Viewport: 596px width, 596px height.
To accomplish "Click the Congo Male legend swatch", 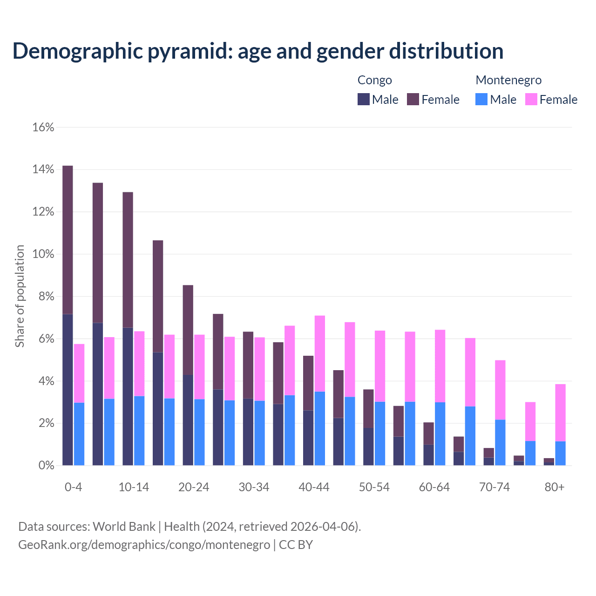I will (x=363, y=99).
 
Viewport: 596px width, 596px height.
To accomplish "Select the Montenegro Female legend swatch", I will (x=531, y=99).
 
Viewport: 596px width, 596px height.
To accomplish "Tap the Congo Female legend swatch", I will (x=413, y=99).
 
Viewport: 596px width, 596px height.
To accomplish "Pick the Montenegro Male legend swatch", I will (x=481, y=99).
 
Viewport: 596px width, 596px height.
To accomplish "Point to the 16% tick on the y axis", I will (x=43, y=127).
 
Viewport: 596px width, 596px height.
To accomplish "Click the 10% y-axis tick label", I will (x=43, y=254).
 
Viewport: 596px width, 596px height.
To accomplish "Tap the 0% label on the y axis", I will (x=46, y=466).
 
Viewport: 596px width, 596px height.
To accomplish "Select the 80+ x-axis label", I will (x=555, y=487).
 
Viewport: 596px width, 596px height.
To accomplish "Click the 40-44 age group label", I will (x=314, y=487).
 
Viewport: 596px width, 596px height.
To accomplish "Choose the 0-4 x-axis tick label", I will (x=73, y=487).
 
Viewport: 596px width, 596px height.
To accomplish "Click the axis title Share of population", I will (x=20, y=296).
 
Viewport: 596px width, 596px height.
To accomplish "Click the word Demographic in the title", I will (x=78, y=51).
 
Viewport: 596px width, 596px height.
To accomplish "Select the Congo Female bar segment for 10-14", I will (x=128, y=260).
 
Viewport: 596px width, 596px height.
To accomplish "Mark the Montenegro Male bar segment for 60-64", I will (x=440, y=433).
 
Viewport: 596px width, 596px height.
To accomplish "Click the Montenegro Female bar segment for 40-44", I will (x=320, y=353).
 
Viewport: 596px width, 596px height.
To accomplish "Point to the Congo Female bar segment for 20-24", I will (x=188, y=330).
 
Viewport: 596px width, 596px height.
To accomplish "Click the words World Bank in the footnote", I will (x=124, y=527).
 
